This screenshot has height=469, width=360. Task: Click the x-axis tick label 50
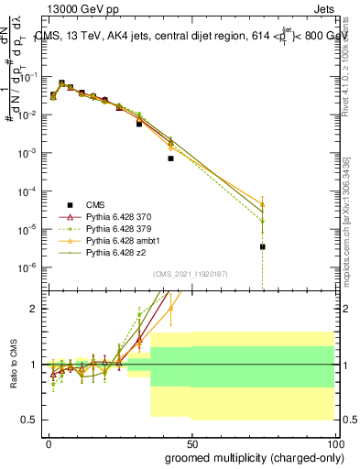tap(191, 443)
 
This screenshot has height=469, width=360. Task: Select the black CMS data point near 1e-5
tap(262, 246)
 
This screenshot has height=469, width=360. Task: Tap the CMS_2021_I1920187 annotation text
tap(191, 272)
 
